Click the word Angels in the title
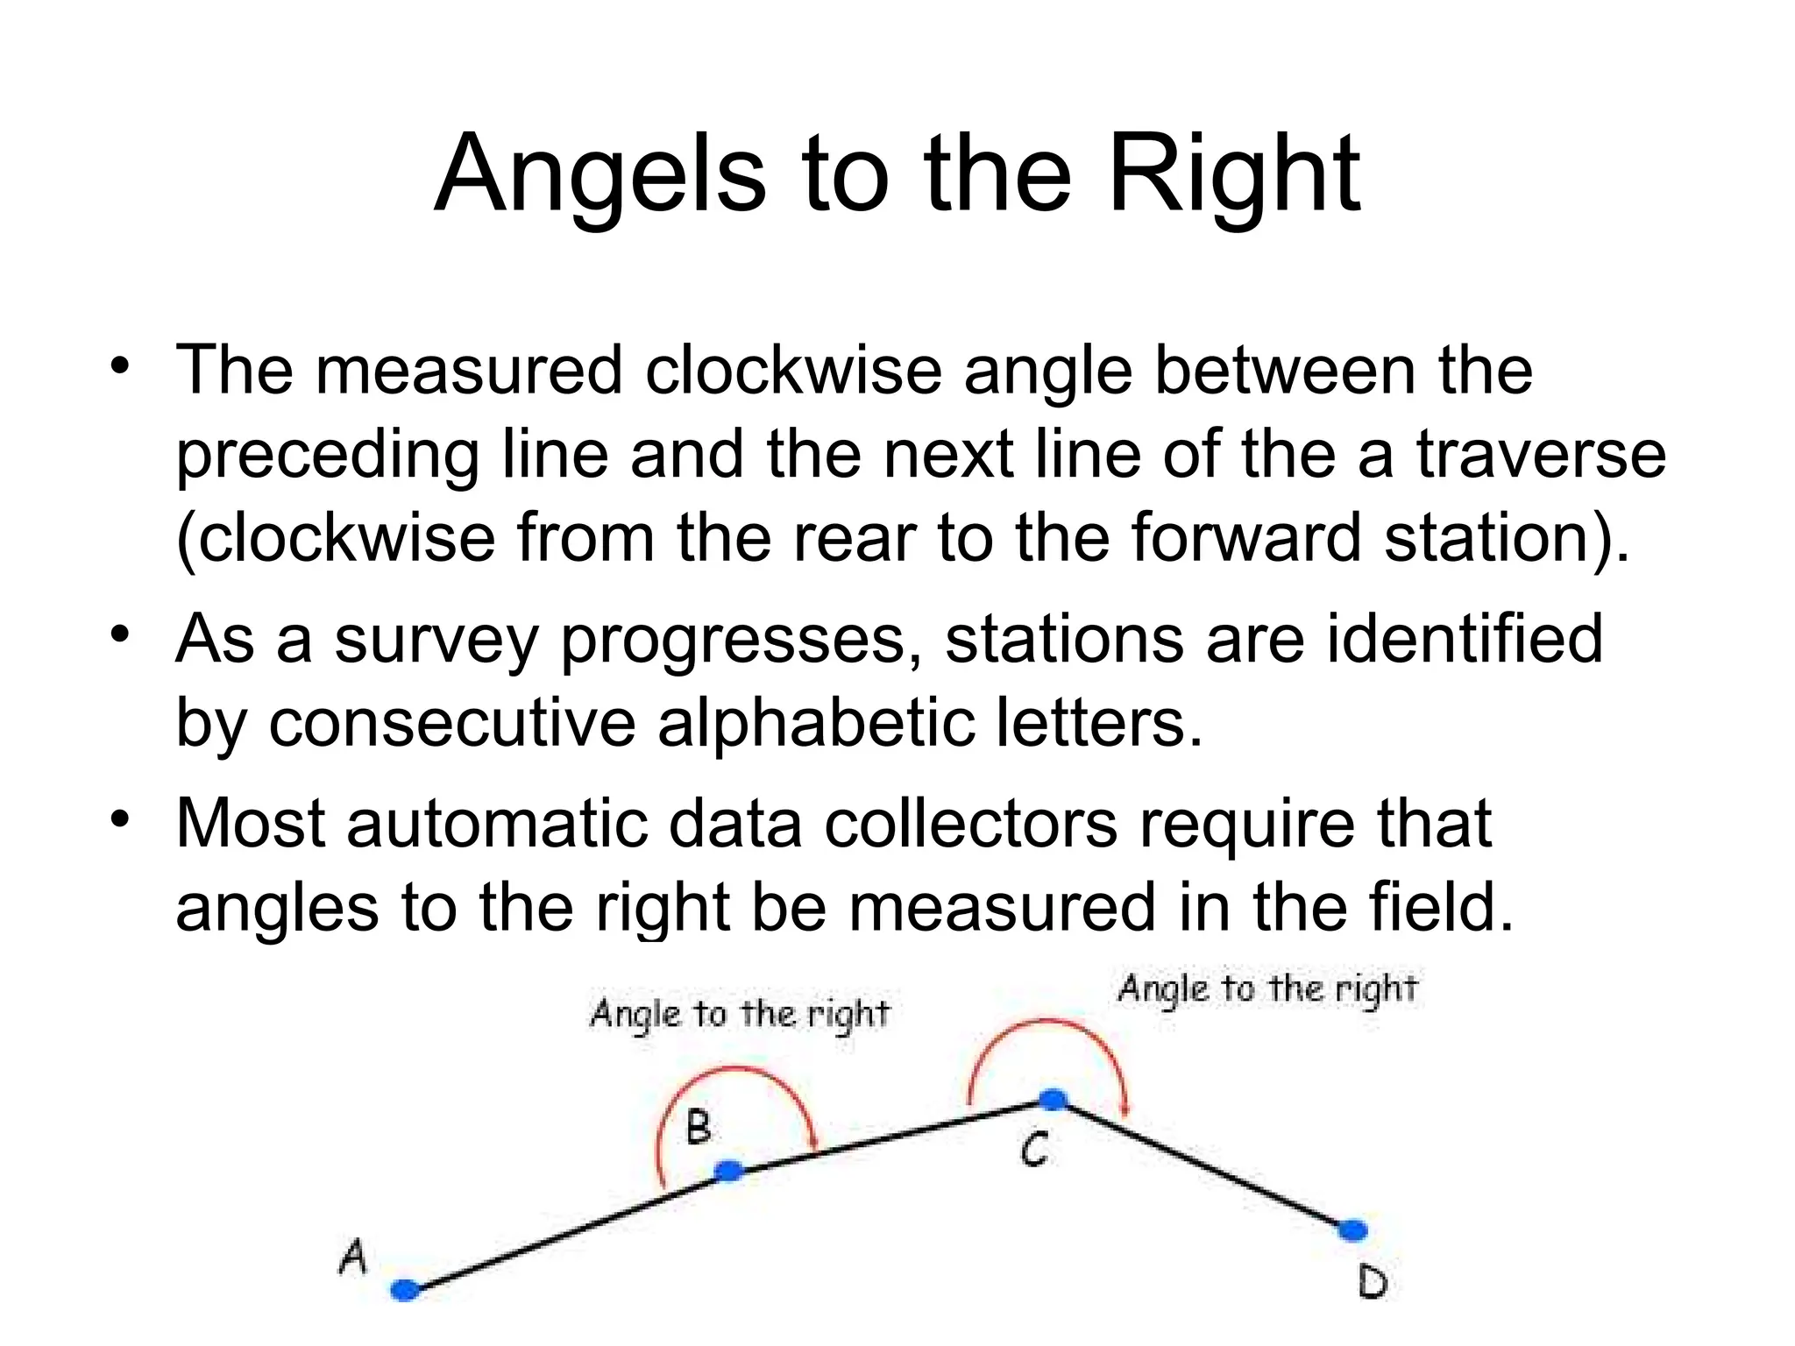pyautogui.click(x=600, y=175)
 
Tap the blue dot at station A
pyautogui.click(x=405, y=1290)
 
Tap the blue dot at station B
pyautogui.click(x=729, y=1171)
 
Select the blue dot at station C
pyautogui.click(x=1053, y=1099)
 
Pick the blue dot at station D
pyautogui.click(x=1353, y=1231)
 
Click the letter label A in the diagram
pyautogui.click(x=352, y=1257)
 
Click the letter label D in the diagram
pyautogui.click(x=1373, y=1283)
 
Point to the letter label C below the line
pyautogui.click(x=1034, y=1149)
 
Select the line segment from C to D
pyautogui.click(x=1205, y=1166)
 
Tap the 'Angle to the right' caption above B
pyautogui.click(x=740, y=1015)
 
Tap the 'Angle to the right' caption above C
pyautogui.click(x=1267, y=989)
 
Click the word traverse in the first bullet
pyautogui.click(x=1541, y=456)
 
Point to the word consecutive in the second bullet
pyautogui.click(x=451, y=724)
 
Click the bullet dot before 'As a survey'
pyautogui.click(x=120, y=634)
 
